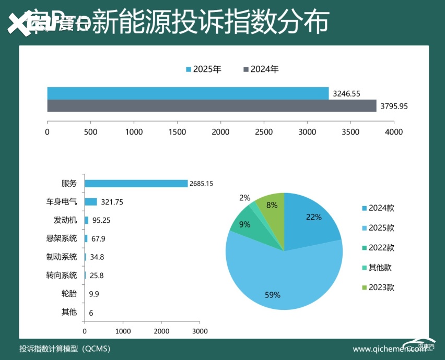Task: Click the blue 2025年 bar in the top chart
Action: (188, 93)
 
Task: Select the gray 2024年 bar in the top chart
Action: (212, 106)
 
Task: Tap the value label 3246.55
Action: (346, 93)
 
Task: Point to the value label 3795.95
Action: (394, 106)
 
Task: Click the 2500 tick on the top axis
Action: (264, 132)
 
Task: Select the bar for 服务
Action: (136, 184)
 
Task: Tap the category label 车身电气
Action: (61, 202)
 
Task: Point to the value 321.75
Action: (111, 202)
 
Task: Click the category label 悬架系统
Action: (61, 238)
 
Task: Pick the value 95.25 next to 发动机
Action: (101, 221)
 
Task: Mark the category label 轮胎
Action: (69, 294)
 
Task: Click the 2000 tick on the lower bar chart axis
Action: (161, 331)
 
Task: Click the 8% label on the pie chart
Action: (272, 206)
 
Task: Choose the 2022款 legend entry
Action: (377, 248)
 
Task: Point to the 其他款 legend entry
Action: (377, 268)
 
